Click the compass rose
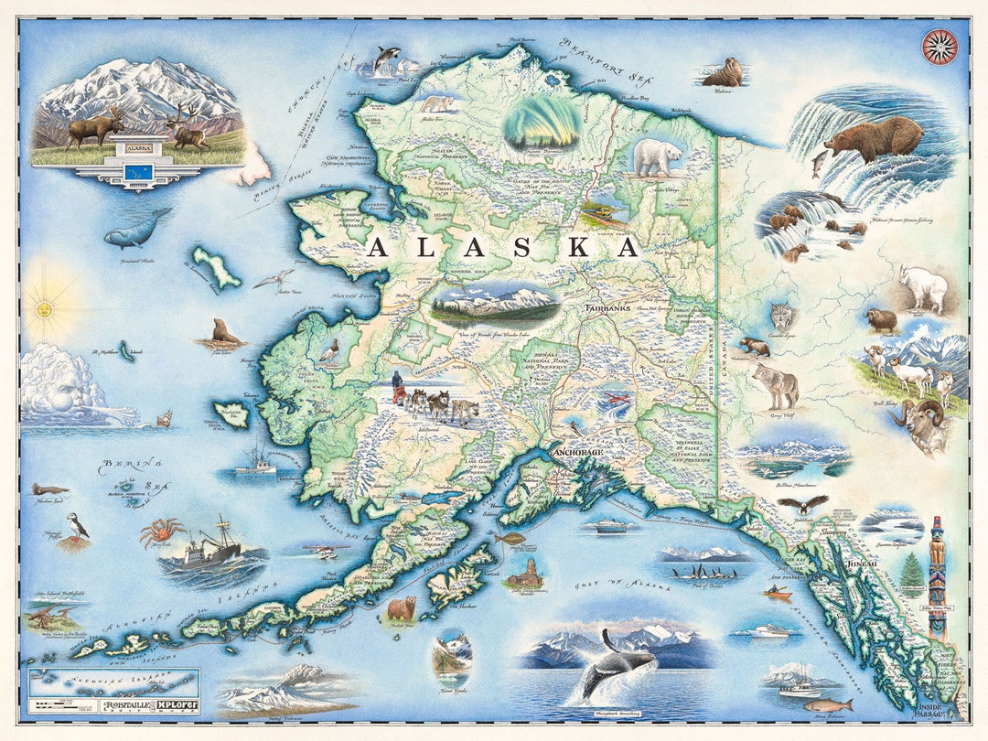coord(940,47)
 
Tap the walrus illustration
coord(724,72)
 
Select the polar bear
coord(658,157)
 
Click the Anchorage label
coord(578,452)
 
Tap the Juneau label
coord(859,564)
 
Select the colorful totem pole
coord(937,576)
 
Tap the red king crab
coord(161,531)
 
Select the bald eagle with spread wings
coord(803,504)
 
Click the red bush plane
coord(614,401)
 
